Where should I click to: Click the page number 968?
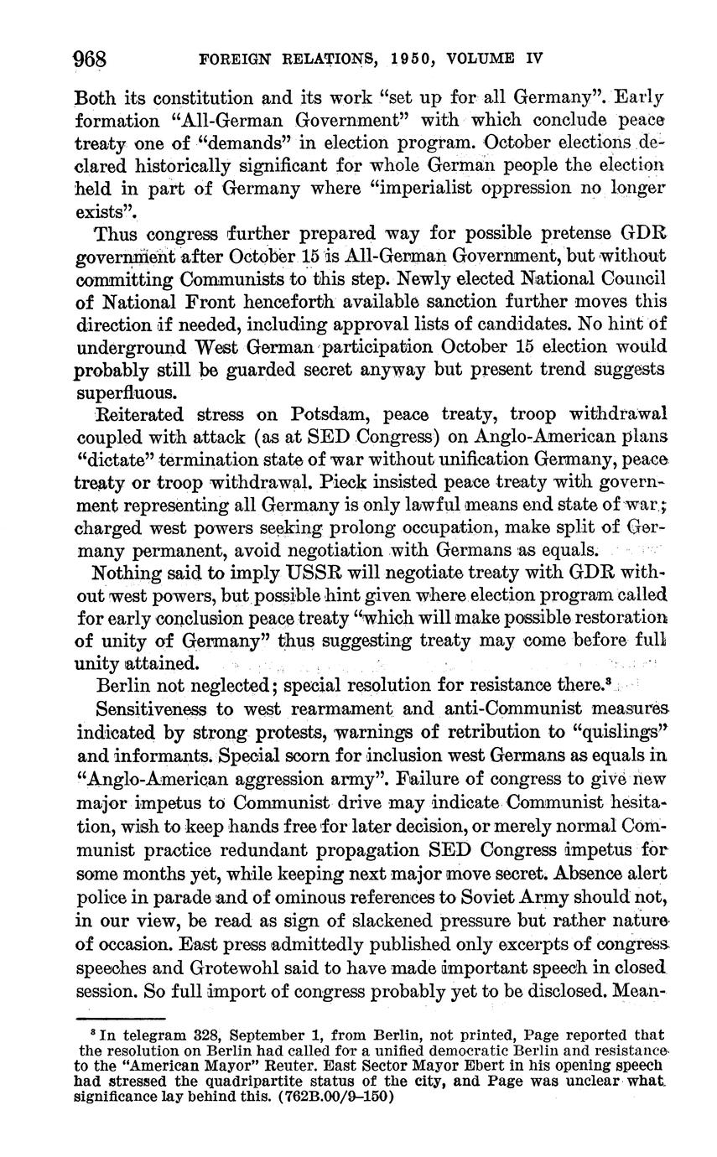(91, 59)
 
